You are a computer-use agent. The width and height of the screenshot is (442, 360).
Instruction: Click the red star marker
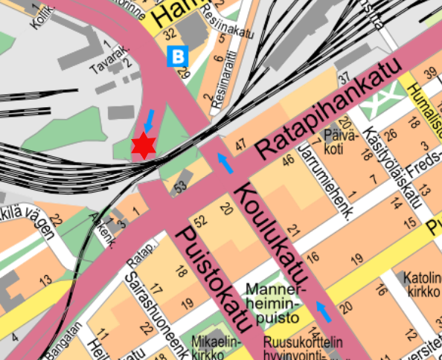(143, 146)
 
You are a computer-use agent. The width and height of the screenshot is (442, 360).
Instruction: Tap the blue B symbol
(178, 55)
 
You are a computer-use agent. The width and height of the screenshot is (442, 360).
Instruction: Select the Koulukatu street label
(269, 231)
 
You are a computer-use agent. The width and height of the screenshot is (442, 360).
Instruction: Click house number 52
(199, 221)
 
